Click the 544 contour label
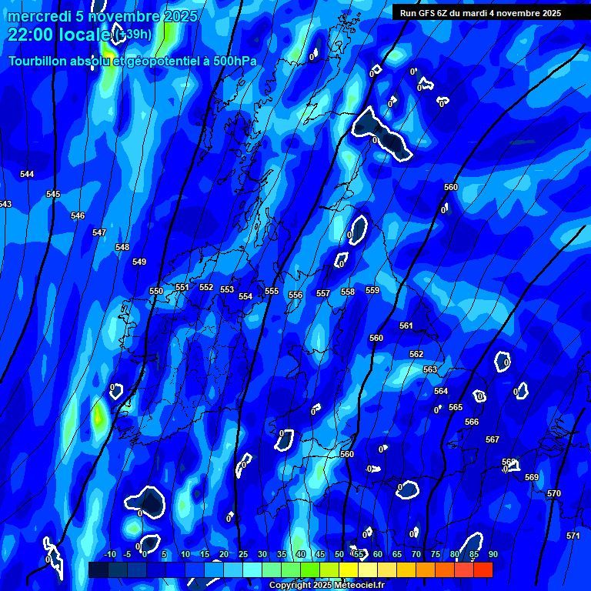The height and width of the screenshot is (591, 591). [27, 175]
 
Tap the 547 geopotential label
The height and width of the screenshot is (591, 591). [99, 232]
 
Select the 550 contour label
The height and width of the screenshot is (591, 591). [156, 291]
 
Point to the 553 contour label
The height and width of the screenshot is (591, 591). [227, 289]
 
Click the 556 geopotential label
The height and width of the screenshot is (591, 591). [295, 295]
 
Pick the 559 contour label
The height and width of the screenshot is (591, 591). [372, 290]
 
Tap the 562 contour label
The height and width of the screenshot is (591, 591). [416, 354]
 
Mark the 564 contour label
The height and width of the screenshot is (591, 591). [441, 391]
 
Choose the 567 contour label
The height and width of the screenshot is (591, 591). [492, 439]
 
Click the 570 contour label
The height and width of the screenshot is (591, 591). [554, 493]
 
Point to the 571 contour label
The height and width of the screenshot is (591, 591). [573, 536]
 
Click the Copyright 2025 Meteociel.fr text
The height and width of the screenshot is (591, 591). [326, 586]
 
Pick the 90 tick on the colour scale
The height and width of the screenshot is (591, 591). [492, 554]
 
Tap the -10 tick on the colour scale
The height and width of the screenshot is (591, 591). [110, 554]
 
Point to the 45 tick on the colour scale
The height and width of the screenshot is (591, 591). [319, 554]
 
